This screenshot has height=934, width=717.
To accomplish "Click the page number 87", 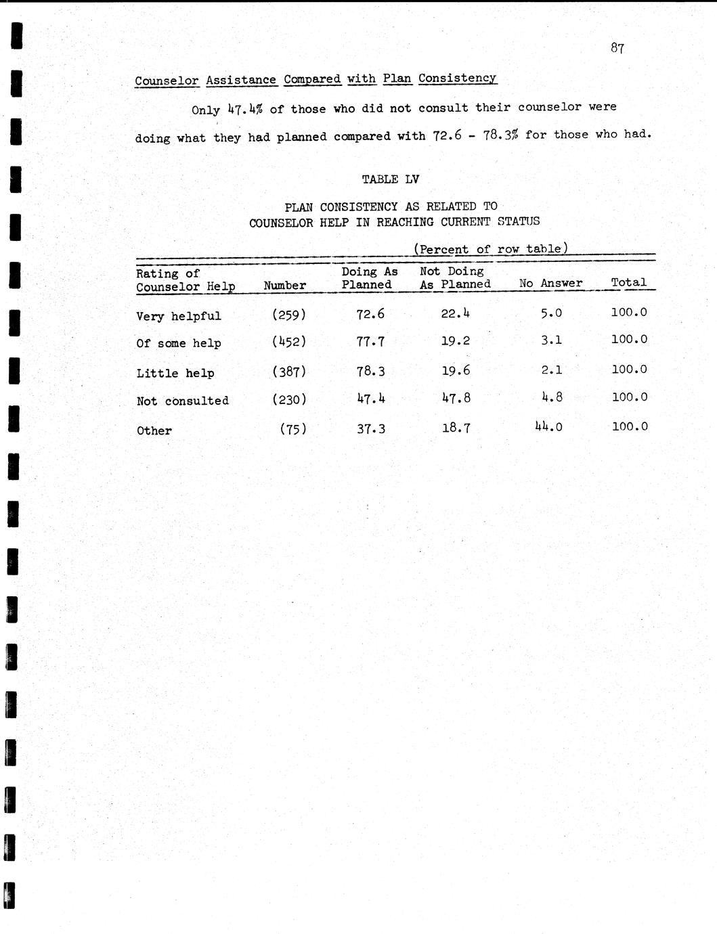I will click(x=617, y=48).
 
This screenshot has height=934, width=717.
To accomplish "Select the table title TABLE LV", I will click(x=390, y=179).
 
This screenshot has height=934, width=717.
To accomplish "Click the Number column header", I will click(x=284, y=286).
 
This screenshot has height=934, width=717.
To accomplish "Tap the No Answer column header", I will click(x=550, y=284).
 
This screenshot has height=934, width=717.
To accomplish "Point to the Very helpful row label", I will click(x=179, y=316).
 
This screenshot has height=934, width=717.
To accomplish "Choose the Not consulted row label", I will click(x=183, y=401).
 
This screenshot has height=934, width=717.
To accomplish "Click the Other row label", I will click(x=154, y=430).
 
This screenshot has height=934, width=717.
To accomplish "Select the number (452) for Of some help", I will click(x=289, y=342).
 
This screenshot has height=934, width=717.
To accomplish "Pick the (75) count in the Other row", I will click(x=293, y=428).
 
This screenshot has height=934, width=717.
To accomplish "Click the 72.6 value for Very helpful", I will click(x=370, y=313).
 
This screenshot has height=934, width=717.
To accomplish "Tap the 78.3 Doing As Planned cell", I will click(x=370, y=371).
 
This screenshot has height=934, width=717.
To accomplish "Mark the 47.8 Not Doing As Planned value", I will click(x=456, y=398).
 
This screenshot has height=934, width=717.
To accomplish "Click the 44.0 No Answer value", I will click(x=548, y=426).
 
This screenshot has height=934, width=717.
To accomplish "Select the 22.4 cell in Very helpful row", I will click(x=456, y=313).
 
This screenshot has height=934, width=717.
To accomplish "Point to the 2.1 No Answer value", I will click(x=552, y=370).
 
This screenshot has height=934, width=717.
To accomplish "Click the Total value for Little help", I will click(x=629, y=369).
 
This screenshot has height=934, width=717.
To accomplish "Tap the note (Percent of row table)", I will click(x=491, y=249).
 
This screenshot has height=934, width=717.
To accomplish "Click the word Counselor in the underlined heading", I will click(x=167, y=81).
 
